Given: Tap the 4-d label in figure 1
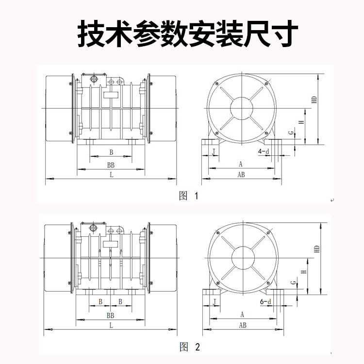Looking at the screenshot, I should coord(264,152).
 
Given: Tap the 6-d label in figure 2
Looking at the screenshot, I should coord(265,302).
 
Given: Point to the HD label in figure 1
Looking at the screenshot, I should coord(314,100).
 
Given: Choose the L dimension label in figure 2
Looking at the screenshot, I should coord(111,325).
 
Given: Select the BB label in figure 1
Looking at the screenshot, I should coord(111,165).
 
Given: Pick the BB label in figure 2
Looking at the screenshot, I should coord(111,315).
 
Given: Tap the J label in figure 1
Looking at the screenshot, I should coord(214,152).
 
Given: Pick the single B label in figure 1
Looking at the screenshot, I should coord(111,152).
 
